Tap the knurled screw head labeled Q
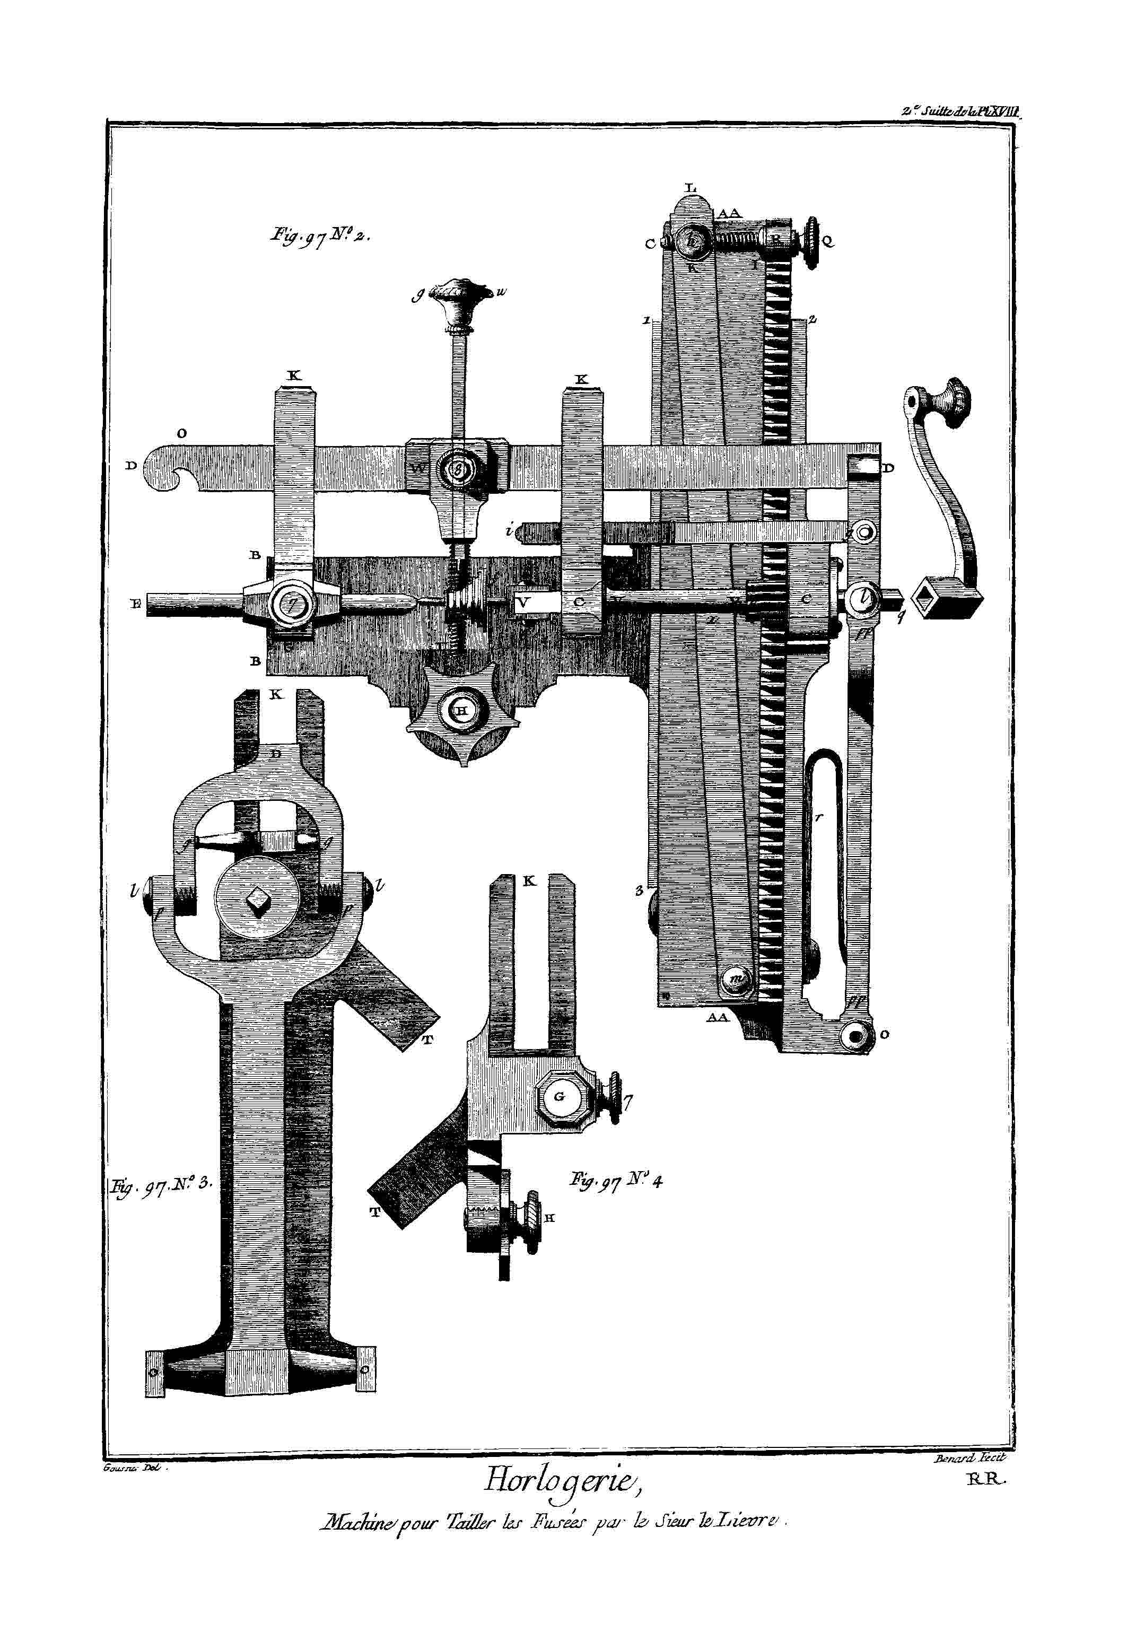(811, 241)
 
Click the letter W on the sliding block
(417, 469)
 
